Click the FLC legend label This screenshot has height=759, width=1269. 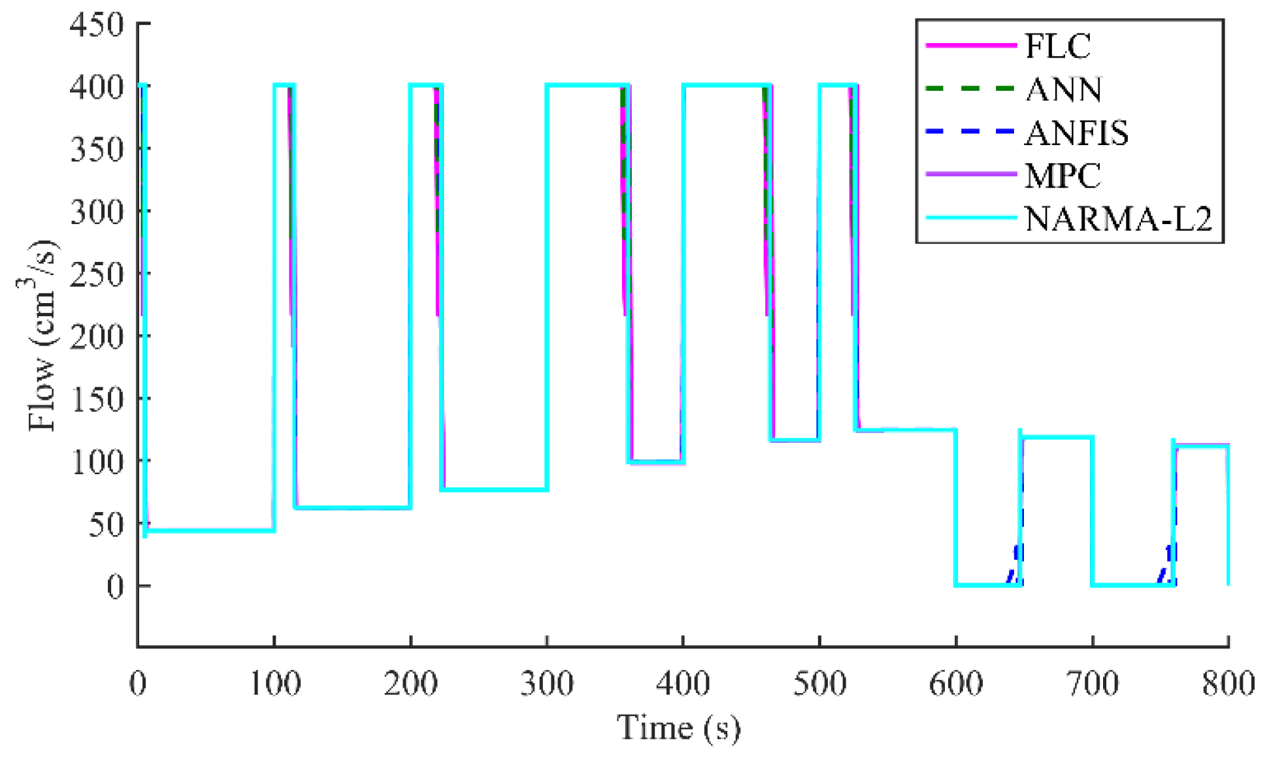pyautogui.click(x=1057, y=46)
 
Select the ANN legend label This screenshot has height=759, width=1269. pyautogui.click(x=1064, y=89)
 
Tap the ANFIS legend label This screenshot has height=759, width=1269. pyautogui.click(x=1076, y=133)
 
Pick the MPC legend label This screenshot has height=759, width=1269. pyautogui.click(x=1063, y=176)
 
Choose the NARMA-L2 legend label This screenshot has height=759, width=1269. pyautogui.click(x=1118, y=219)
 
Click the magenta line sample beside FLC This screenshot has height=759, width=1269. pyautogui.click(x=970, y=46)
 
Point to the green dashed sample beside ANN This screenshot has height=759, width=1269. pyautogui.click(x=970, y=89)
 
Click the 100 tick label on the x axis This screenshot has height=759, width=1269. pyautogui.click(x=274, y=684)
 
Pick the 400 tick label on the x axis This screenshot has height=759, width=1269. pyautogui.click(x=684, y=684)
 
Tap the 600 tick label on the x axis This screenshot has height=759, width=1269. pyautogui.click(x=956, y=684)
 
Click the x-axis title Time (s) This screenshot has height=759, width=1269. pyautogui.click(x=679, y=728)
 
